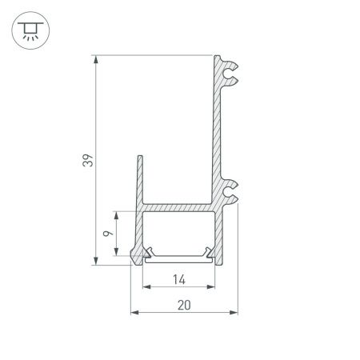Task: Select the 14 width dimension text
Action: click(178, 279)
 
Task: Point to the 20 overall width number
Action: click(185, 305)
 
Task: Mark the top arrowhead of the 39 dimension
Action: click(98, 58)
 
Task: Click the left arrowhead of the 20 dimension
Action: click(134, 313)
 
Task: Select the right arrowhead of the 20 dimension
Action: click(236, 313)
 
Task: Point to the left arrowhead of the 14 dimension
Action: click(146, 287)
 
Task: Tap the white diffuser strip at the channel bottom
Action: click(178, 256)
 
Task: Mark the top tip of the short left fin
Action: click(140, 158)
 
